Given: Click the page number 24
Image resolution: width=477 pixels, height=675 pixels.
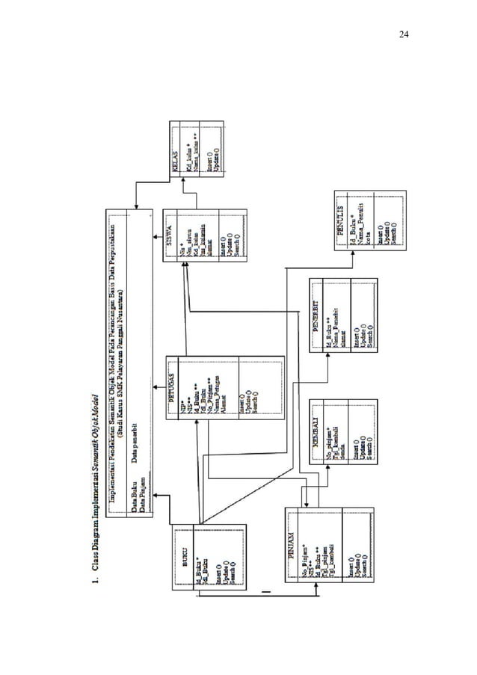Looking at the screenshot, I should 404,34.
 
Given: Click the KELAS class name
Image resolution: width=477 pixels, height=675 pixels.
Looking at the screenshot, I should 176,165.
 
